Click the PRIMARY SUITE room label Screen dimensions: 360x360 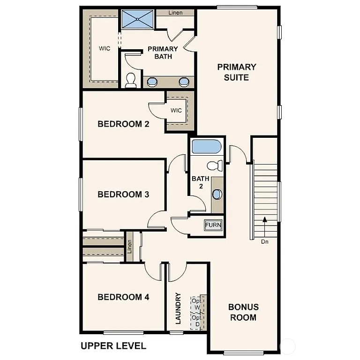237,72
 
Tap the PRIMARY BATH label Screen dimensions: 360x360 163,52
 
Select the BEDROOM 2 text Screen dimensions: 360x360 123,124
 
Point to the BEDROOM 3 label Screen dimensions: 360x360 123,194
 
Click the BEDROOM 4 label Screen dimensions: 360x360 123,297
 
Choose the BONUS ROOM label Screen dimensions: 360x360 243,312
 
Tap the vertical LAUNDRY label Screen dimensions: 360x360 178,308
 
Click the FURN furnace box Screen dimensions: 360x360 213,225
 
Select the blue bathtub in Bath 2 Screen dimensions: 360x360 206,146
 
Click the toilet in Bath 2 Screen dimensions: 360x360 214,165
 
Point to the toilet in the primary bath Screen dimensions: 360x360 131,81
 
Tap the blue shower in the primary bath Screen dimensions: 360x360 138,19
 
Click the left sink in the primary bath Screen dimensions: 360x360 153,82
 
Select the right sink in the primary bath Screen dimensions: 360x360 184,82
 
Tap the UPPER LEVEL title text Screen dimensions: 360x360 113,346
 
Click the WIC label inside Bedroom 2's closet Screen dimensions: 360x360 176,111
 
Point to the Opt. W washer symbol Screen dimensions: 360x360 197,304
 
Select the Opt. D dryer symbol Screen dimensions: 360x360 197,321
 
